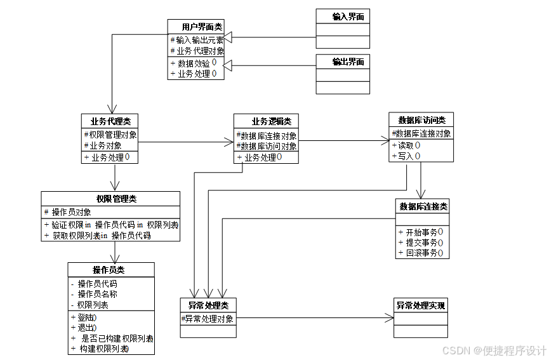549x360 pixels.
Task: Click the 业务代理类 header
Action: (110, 121)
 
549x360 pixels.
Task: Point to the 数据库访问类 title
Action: (421, 120)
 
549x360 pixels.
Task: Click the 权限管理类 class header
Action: (110, 199)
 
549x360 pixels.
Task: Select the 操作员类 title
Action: (110, 270)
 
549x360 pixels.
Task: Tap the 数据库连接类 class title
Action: (423, 206)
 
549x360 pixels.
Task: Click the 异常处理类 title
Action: (208, 306)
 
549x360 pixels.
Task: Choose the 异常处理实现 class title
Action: (421, 305)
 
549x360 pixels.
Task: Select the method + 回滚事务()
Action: (420, 253)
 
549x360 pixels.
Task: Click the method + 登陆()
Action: (84, 317)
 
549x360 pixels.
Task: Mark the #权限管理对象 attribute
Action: (110, 135)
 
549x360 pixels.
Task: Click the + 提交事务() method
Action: (420, 243)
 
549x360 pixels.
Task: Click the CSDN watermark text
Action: (494, 350)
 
